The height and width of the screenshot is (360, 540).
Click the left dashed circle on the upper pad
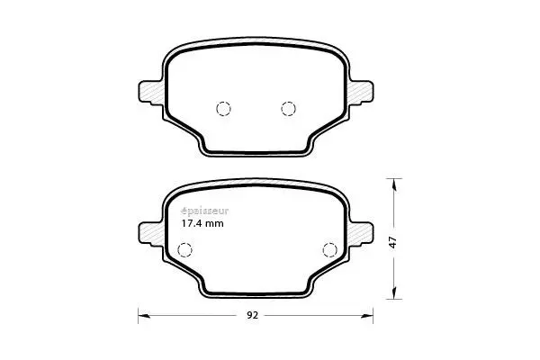tap(224, 109)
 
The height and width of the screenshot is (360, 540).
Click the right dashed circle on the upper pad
tap(288, 109)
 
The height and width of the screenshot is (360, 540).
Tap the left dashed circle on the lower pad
tap(185, 250)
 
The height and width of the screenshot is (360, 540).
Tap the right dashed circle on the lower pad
tap(328, 250)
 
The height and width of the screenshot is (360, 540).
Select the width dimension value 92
tap(252, 316)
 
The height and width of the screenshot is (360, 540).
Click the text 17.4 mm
tap(202, 224)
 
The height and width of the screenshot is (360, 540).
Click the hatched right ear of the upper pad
tap(364, 92)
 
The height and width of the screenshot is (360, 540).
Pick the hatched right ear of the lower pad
tap(364, 232)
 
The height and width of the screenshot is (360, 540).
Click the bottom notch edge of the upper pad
tap(256, 152)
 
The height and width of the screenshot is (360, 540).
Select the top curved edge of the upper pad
tap(256, 40)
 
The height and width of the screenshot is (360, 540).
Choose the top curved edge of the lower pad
tap(256, 181)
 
